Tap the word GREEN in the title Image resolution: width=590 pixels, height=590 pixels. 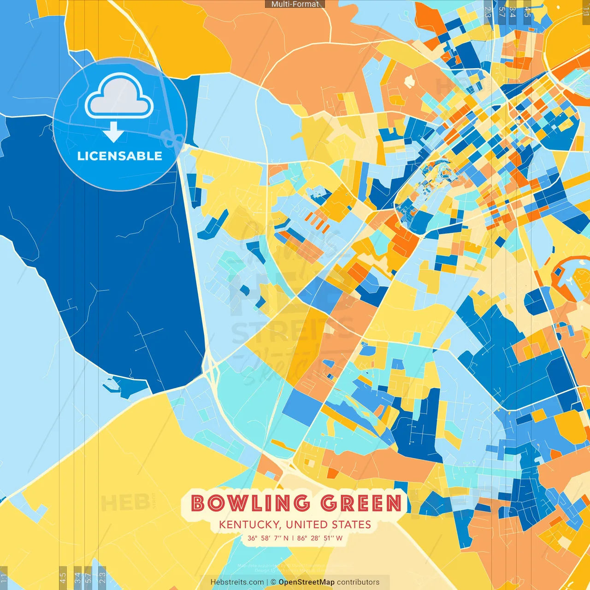pyautogui.click(x=361, y=503)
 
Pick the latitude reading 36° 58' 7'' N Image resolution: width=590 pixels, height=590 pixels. pyautogui.click(x=268, y=538)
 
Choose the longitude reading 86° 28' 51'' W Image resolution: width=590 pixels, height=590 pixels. pyautogui.click(x=320, y=538)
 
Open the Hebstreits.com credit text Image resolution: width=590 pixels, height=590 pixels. pyautogui.click(x=237, y=582)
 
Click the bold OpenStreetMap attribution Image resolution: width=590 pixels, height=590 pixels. pyautogui.click(x=306, y=582)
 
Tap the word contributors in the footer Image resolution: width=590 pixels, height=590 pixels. pyautogui.click(x=358, y=582)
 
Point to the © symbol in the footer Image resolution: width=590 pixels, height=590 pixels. pyautogui.click(x=273, y=582)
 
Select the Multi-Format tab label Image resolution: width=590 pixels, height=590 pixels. pyautogui.click(x=295, y=4)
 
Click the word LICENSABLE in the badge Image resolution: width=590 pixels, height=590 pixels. pyautogui.click(x=120, y=156)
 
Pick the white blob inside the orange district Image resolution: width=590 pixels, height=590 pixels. pyautogui.click(x=408, y=81)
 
